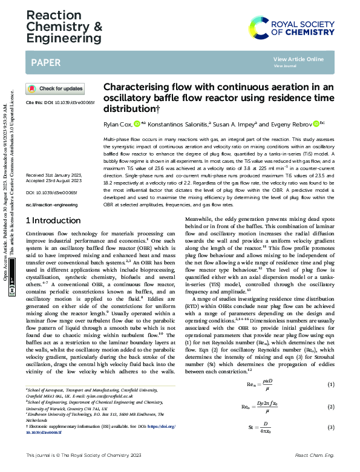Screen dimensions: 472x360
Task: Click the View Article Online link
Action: pyautogui.click(x=298, y=59)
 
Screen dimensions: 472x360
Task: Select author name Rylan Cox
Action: pyautogui.click(x=118, y=124)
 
